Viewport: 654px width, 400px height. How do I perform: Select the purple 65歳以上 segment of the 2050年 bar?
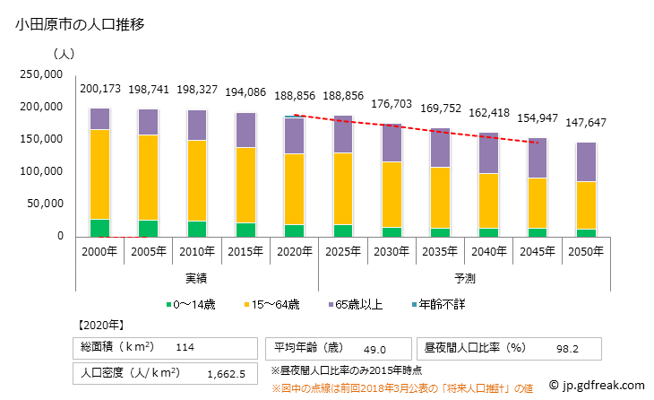585,162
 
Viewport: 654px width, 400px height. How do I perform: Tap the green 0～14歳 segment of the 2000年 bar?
100,228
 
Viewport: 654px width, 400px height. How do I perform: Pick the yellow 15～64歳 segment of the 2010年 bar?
197,180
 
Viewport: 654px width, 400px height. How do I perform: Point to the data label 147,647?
585,122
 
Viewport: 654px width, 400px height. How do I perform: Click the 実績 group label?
197,278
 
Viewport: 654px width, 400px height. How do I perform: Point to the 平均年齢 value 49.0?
374,349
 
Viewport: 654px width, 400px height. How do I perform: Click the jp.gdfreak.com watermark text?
599,386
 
